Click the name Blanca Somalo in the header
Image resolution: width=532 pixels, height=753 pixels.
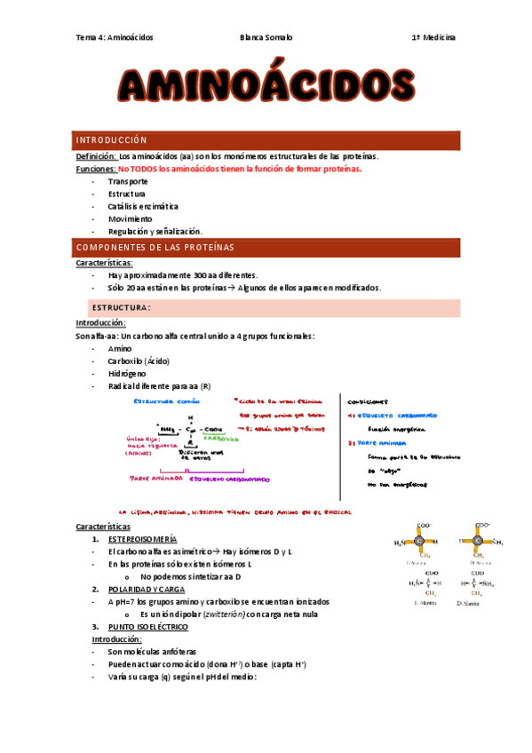tap(266, 37)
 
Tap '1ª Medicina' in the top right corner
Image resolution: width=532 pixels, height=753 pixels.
tap(433, 37)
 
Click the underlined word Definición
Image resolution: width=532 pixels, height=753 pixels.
tap(96, 155)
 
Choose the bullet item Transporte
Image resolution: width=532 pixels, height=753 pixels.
tap(128, 181)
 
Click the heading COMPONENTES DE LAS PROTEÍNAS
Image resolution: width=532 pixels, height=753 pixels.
tap(155, 247)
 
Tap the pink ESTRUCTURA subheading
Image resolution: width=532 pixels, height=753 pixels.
tap(123, 308)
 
